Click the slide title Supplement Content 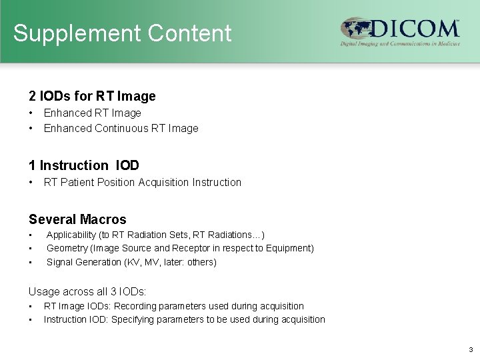pos(122,33)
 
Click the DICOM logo pos(400,31)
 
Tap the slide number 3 pos(470,349)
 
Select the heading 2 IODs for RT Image pos(92,96)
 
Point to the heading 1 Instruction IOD pos(84,165)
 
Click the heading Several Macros pos(77,219)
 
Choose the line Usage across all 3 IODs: pos(87,291)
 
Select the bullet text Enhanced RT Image pos(93,113)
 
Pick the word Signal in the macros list pos(60,262)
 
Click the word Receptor pos(193,248)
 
